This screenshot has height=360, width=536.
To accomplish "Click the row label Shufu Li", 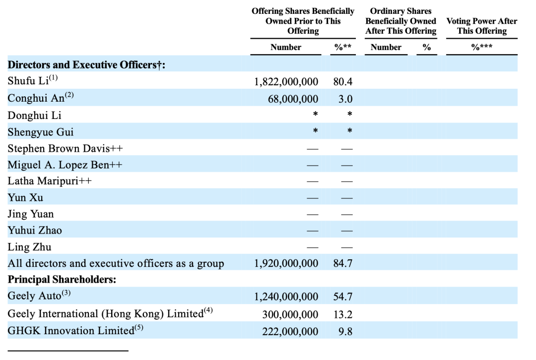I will [29, 82].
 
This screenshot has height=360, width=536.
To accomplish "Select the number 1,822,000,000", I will [286, 82].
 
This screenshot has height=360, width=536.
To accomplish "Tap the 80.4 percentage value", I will [343, 82].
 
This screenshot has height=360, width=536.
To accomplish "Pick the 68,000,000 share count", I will [293, 99].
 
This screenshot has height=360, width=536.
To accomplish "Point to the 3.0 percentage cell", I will [345, 99].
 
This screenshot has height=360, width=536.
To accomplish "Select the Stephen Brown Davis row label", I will [66, 148].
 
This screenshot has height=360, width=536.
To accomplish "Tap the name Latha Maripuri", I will [50, 181].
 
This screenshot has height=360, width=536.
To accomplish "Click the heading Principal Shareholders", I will [62, 279].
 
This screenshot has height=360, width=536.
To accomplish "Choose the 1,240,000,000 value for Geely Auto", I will [286, 297].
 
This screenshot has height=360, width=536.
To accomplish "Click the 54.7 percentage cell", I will [343, 297].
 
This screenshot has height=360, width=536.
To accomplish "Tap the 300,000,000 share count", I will [290, 314].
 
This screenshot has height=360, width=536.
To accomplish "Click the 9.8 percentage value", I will [345, 331].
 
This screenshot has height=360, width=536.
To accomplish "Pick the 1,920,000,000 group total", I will [286, 263].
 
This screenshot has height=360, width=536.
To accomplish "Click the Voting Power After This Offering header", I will [481, 26].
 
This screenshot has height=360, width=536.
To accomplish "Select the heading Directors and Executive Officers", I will [86, 65].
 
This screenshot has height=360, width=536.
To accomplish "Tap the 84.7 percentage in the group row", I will [343, 263].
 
